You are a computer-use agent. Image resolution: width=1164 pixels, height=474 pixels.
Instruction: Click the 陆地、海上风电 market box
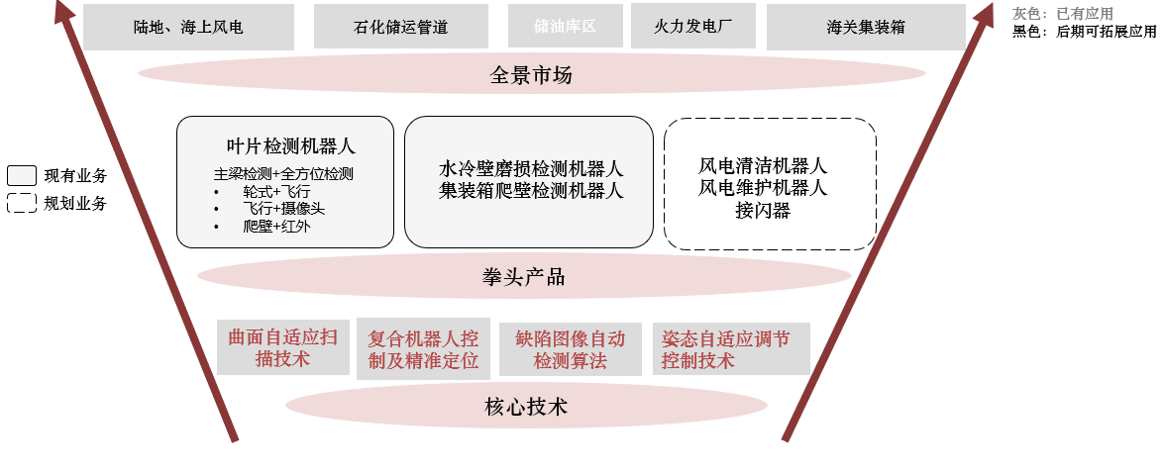pyautogui.click(x=188, y=27)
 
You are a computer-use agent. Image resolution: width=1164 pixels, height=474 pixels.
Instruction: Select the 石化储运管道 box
pyautogui.click(x=400, y=27)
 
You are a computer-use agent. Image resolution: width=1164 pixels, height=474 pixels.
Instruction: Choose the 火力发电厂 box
pyautogui.click(x=692, y=26)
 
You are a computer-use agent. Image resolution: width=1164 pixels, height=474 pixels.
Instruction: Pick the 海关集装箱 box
pyautogui.click(x=866, y=27)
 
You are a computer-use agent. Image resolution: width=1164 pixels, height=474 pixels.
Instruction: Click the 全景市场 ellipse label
pyautogui.click(x=531, y=74)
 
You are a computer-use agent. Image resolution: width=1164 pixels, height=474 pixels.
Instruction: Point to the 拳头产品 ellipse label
pyautogui.click(x=524, y=276)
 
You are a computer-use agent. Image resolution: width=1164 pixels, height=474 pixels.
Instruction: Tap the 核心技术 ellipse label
pyautogui.click(x=526, y=406)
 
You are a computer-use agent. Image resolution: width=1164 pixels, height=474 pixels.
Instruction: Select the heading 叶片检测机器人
pyautogui.click(x=290, y=146)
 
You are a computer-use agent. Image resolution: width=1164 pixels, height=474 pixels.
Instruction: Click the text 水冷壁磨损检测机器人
pyautogui.click(x=531, y=168)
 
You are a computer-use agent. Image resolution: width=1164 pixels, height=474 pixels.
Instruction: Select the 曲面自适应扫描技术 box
pyautogui.click(x=282, y=347)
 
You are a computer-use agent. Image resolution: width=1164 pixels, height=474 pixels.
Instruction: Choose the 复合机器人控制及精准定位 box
pyautogui.click(x=423, y=349)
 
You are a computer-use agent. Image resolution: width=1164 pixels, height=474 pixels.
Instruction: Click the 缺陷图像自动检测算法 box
pyautogui.click(x=570, y=349)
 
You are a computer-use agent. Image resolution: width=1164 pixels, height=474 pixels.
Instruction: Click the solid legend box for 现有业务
pyautogui.click(x=22, y=176)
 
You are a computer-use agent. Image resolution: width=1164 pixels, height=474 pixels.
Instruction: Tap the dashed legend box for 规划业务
pyautogui.click(x=22, y=204)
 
